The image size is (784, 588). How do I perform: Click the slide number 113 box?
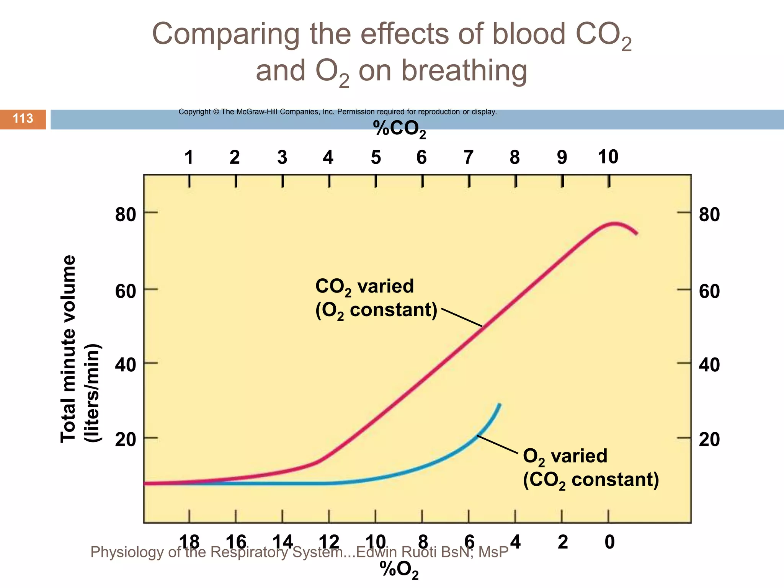pos(23,119)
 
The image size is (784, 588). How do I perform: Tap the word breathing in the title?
pos(464,71)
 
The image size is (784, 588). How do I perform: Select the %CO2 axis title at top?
pos(399,129)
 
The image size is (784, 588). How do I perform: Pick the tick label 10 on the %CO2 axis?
pos(608,157)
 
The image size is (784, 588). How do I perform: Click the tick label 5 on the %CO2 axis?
pos(376,157)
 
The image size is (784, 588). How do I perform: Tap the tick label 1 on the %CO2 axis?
pos(189,157)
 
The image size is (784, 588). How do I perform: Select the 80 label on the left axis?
pos(126,214)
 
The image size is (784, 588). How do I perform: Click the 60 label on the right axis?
pos(709,292)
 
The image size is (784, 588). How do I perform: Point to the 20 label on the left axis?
pos(126,439)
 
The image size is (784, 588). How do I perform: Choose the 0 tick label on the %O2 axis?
pos(609,542)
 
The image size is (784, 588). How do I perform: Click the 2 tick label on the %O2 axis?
pos(562,542)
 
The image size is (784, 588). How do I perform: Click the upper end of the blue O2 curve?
pos(499,405)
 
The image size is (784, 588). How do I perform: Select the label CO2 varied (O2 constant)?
pos(376,299)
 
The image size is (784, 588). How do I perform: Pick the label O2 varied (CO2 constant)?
pos(591,468)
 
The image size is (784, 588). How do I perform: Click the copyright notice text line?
pos(337,112)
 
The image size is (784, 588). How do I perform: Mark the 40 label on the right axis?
pos(709,365)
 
